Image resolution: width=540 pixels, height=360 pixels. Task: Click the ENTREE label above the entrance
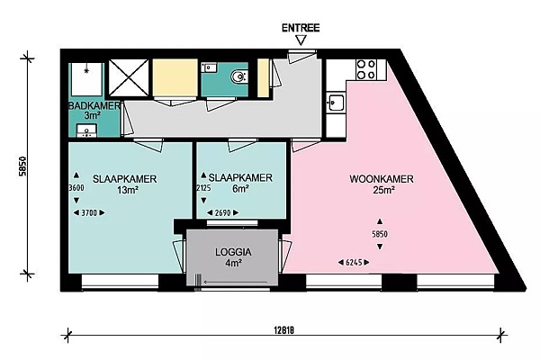301,28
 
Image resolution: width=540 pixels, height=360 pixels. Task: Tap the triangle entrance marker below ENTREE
301,40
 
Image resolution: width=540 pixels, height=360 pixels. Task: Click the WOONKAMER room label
382,179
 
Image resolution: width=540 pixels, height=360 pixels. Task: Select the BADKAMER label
94,105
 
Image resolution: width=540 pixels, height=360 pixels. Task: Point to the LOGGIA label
233,252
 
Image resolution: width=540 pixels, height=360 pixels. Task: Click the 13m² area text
128,190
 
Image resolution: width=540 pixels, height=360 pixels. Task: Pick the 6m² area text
240,189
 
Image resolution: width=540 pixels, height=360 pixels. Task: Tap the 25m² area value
383,190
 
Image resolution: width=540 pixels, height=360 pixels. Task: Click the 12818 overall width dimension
284,330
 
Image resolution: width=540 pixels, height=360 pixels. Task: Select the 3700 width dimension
89,213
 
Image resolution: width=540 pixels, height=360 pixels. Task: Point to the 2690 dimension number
222,213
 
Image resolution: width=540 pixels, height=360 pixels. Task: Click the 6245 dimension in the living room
354,263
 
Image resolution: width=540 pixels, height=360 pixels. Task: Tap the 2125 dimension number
203,188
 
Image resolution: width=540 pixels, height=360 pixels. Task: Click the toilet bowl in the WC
239,76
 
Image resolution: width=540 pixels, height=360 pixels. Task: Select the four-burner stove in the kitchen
366,69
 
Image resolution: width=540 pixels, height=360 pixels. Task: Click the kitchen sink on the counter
335,103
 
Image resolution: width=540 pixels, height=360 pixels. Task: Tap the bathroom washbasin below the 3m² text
86,130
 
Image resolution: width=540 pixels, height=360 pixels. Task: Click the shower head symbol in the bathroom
86,70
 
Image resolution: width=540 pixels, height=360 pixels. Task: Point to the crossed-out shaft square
129,78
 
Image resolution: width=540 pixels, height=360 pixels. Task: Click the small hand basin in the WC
209,67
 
